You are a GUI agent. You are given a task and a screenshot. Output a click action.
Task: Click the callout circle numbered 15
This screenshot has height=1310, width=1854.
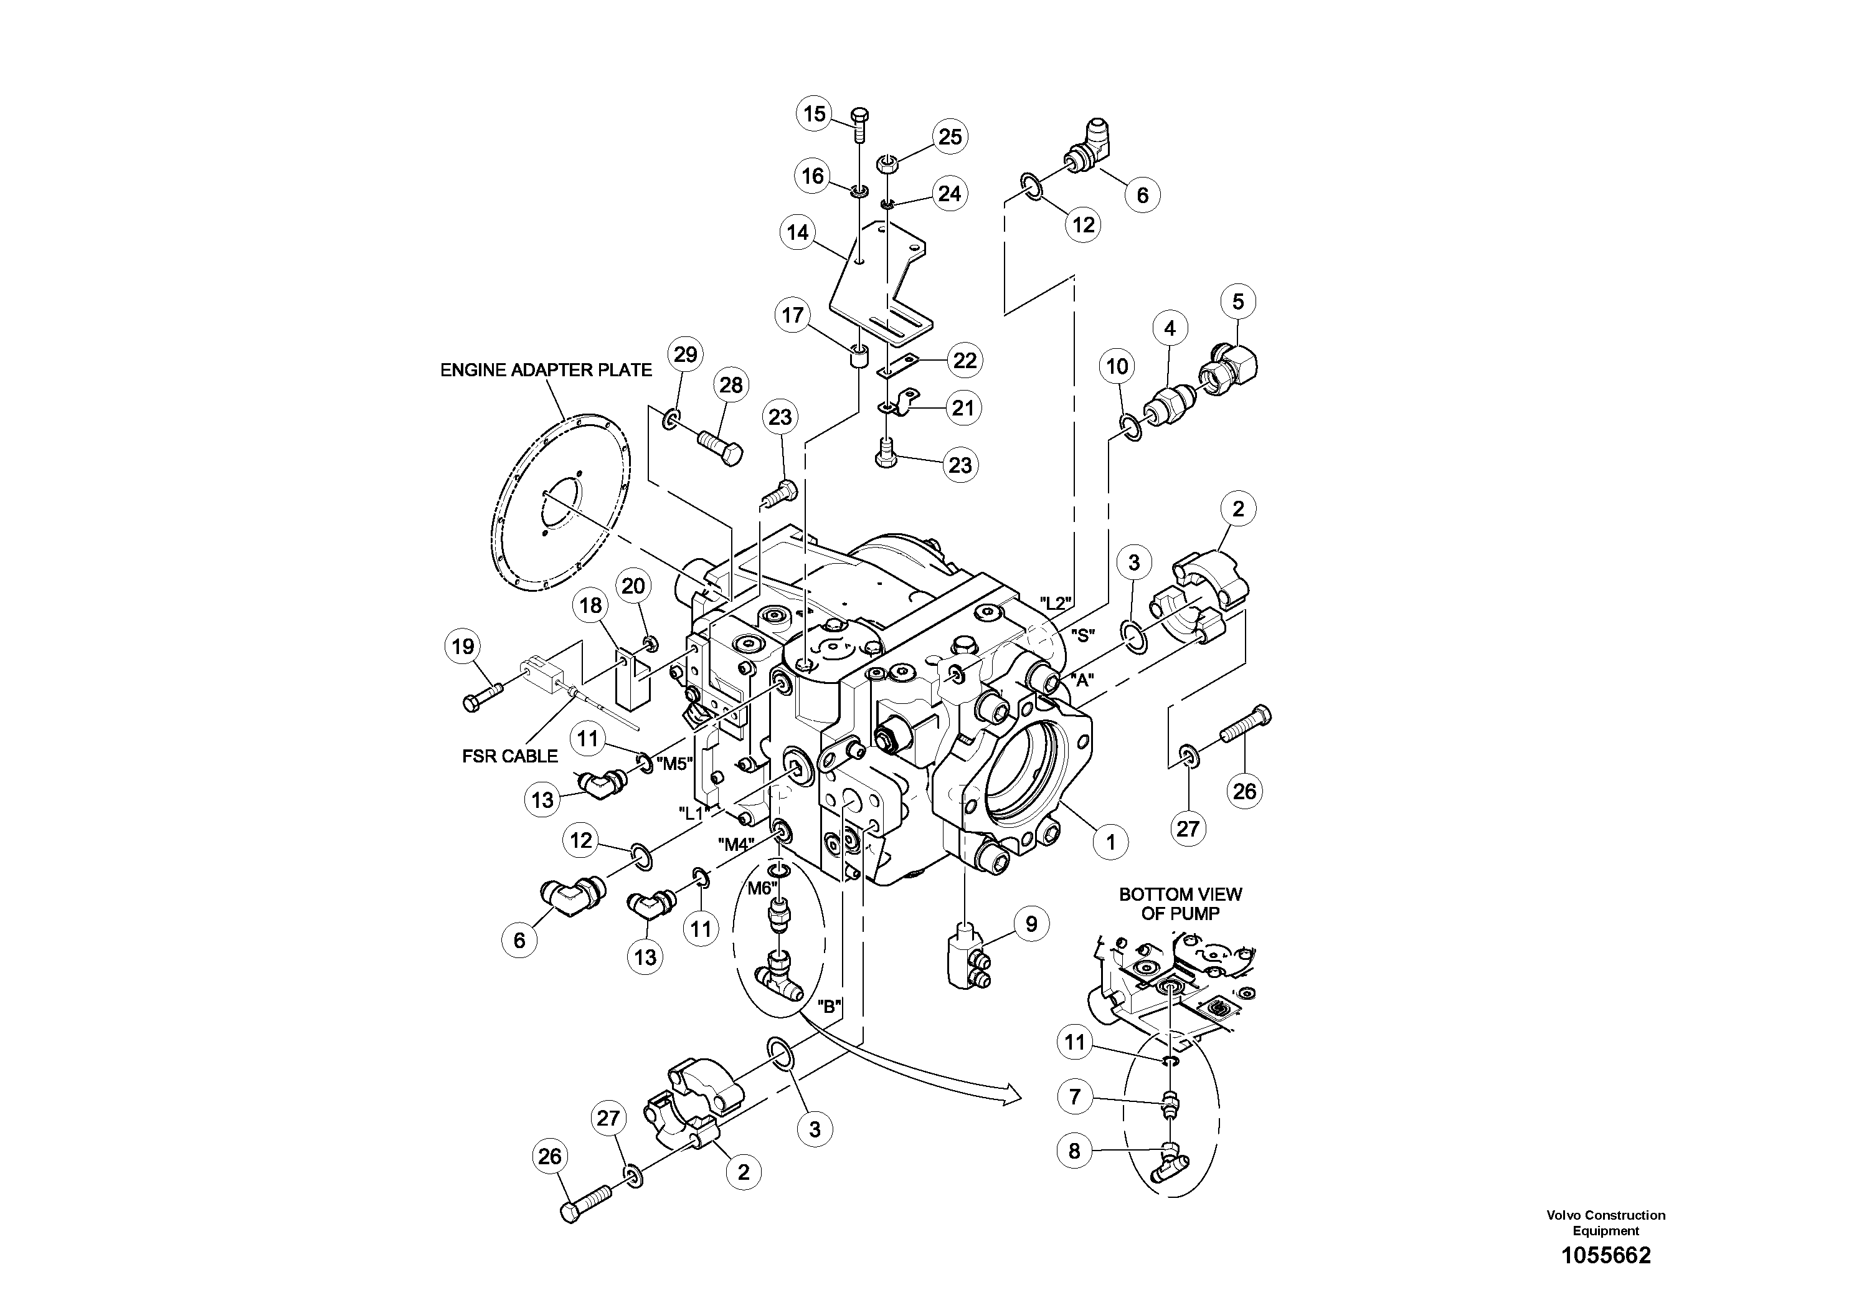[815, 114]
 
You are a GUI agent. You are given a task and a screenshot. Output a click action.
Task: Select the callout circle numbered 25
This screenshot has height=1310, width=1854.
[950, 136]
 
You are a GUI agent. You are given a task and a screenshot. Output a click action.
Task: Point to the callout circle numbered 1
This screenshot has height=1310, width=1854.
[1110, 842]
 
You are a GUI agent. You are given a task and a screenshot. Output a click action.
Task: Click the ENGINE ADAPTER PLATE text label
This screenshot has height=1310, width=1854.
[546, 370]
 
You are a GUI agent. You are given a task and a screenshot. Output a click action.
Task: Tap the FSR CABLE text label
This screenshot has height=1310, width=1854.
[509, 756]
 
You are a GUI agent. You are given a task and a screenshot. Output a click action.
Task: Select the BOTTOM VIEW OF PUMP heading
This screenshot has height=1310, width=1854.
[1180, 904]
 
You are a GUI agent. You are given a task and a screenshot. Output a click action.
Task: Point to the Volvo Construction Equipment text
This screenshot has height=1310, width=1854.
[1606, 1223]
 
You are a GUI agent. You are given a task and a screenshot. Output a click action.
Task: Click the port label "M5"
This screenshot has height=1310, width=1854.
[675, 763]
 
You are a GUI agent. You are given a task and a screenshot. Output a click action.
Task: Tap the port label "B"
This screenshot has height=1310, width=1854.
[830, 1006]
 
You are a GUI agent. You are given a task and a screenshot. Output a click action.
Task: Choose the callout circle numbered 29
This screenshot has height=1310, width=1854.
[685, 354]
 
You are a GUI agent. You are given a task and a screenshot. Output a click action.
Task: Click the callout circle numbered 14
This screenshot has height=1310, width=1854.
[798, 232]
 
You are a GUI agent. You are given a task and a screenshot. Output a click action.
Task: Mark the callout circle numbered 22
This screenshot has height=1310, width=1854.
[965, 360]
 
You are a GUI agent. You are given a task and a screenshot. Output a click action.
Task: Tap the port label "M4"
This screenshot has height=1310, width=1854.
[735, 845]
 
